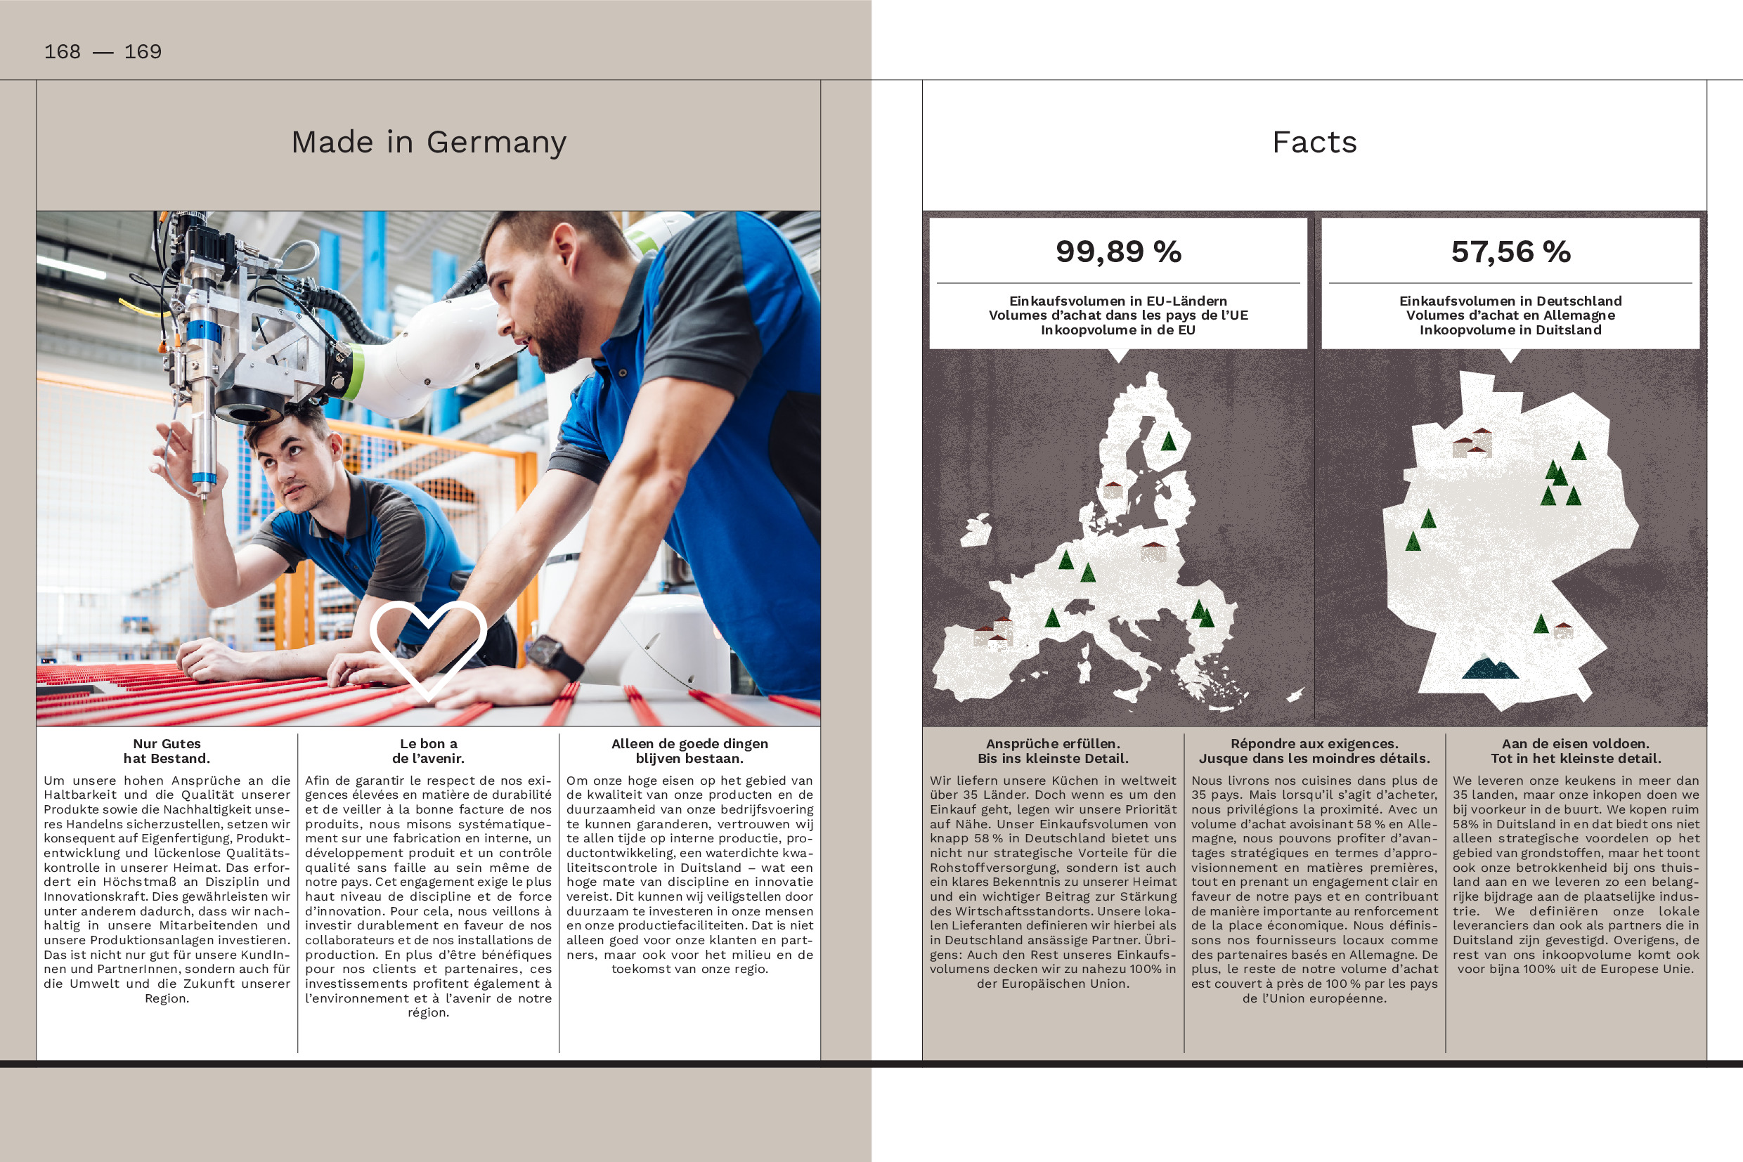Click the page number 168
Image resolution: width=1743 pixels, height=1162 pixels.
coord(63,52)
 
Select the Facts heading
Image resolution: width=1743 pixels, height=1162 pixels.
coord(1314,143)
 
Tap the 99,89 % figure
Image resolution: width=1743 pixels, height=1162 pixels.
coord(1118,252)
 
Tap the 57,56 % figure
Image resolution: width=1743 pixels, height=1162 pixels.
coord(1510,252)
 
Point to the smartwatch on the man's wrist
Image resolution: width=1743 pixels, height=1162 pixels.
coord(553,656)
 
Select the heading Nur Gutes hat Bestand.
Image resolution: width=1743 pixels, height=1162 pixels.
coord(167,751)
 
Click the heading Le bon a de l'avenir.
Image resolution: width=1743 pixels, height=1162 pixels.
coord(429,751)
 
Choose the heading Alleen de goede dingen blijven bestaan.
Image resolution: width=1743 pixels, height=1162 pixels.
coord(689,751)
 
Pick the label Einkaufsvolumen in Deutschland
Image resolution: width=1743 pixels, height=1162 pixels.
coord(1510,301)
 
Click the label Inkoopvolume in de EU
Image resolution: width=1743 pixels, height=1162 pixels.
coord(1118,329)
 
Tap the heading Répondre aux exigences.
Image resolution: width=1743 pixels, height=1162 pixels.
coord(1314,743)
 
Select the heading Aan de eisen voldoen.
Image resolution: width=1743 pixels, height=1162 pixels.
coord(1576,743)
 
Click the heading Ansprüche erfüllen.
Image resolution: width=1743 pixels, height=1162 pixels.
coord(1053,743)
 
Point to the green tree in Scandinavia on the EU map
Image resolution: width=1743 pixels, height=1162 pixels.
coord(1168,442)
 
